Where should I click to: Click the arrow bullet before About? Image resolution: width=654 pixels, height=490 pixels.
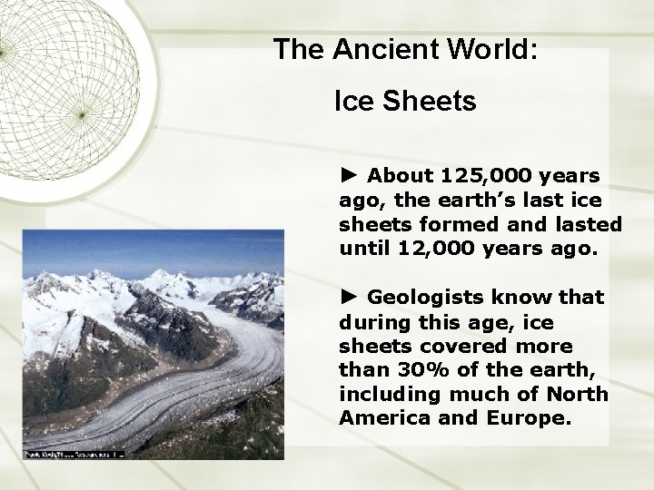coord(350,174)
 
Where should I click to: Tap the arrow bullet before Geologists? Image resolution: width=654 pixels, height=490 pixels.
coord(350,297)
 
